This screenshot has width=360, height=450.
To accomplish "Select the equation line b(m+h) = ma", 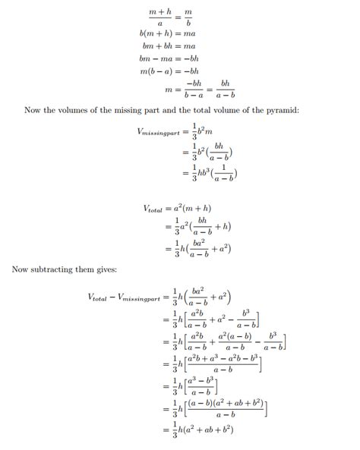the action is (x=168, y=33).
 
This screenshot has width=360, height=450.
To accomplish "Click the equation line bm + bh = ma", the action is (x=168, y=46).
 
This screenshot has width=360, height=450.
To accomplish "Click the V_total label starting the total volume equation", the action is (x=154, y=208).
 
